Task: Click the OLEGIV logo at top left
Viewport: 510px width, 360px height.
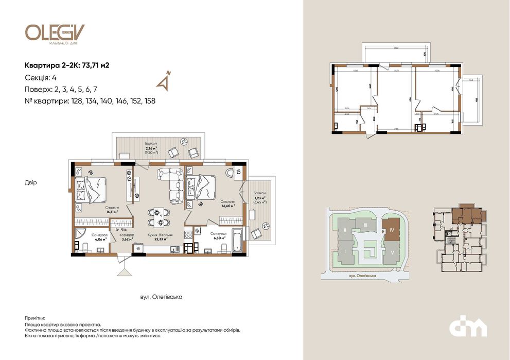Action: [x=54, y=33]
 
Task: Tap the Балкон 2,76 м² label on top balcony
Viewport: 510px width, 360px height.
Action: [x=151, y=147]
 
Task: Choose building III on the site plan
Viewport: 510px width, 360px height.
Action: [x=365, y=226]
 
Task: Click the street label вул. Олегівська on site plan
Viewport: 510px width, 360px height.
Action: [x=362, y=276]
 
